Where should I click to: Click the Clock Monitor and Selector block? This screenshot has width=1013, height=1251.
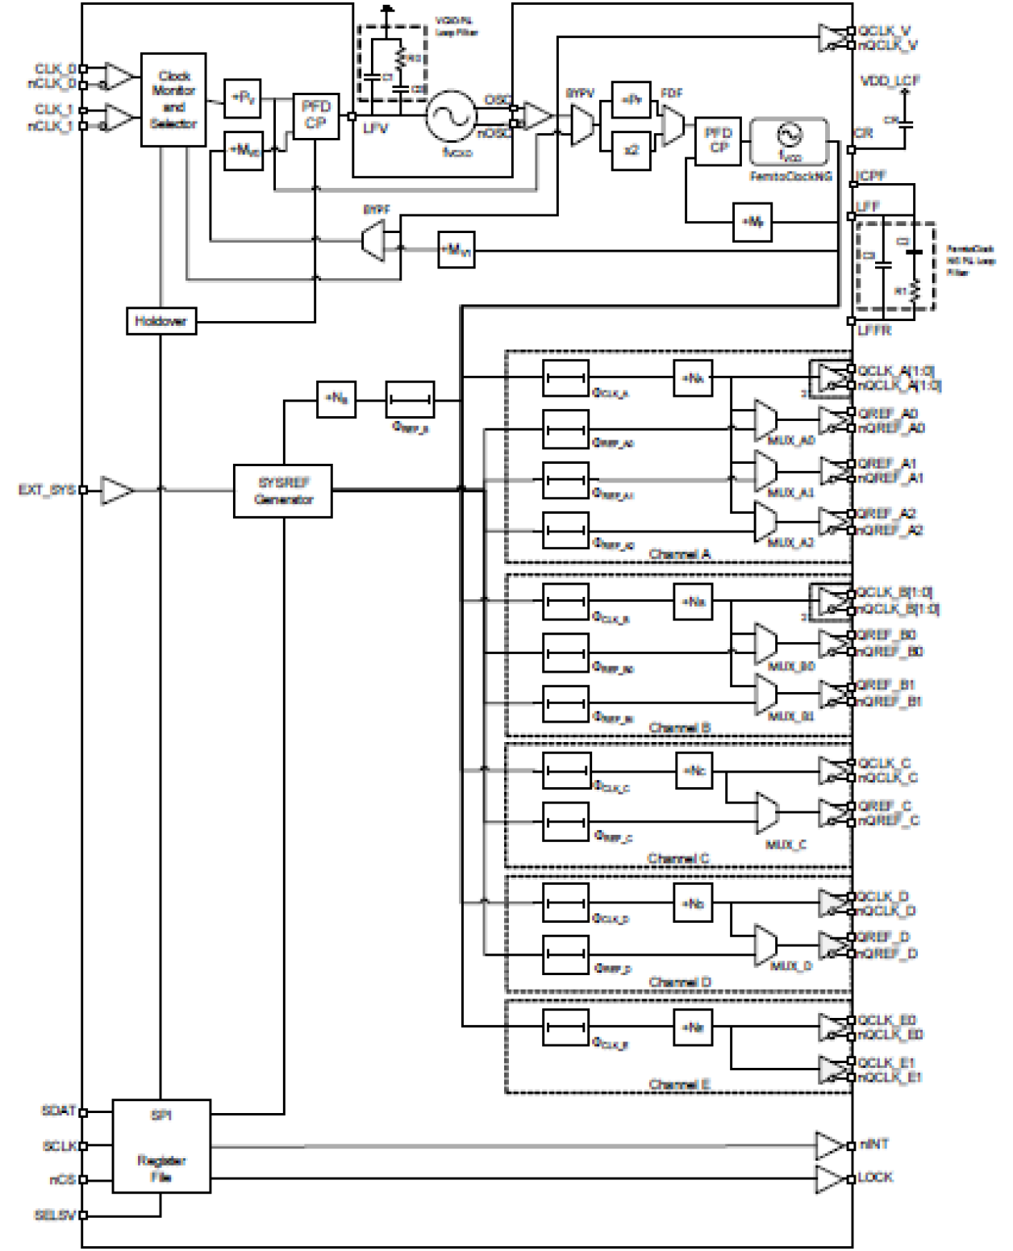173,100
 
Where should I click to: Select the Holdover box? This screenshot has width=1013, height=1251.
160,321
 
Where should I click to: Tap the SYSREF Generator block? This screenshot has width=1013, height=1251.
282,490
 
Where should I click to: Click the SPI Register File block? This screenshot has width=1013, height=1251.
161,1145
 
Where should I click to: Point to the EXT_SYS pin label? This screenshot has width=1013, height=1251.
47,490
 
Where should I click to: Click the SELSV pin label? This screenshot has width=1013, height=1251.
55,1215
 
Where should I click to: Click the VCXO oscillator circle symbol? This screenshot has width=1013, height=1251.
451,115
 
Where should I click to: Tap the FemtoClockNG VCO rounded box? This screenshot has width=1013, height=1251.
789,142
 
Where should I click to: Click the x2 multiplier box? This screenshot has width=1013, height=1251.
632,150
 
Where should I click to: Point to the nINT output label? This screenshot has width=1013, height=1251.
873,1145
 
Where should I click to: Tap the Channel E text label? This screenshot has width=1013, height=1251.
679,1084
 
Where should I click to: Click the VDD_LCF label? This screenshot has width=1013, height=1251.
890,81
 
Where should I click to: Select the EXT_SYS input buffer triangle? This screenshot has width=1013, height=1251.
116,490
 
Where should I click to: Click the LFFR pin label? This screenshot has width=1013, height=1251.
874,331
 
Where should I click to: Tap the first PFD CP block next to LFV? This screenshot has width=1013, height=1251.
315,115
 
